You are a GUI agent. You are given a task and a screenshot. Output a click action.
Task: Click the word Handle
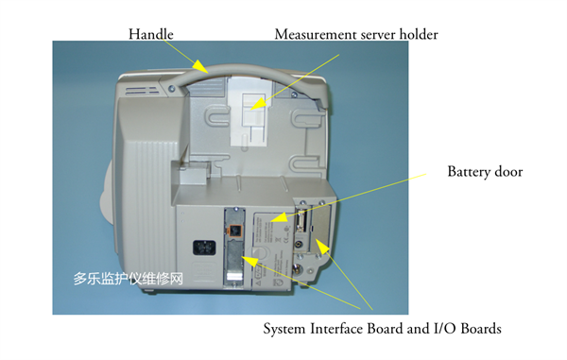tap(151, 34)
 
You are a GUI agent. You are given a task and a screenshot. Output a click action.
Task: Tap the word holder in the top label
tap(419, 34)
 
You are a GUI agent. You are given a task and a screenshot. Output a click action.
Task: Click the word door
tap(508, 172)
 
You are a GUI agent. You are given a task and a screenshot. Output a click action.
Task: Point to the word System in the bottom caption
tap(285, 329)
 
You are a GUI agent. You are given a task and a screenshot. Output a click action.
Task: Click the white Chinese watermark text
tap(128, 279)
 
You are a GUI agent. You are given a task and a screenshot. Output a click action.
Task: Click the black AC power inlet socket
tap(204, 248)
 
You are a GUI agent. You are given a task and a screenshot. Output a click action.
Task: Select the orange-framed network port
tap(234, 231)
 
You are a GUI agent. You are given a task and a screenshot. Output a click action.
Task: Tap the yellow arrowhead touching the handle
tap(199, 66)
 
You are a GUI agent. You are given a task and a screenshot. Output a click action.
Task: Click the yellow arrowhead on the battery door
tap(279, 217)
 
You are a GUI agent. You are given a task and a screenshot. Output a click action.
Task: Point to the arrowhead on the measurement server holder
tap(257, 104)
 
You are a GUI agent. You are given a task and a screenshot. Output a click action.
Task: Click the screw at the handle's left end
tap(171, 88)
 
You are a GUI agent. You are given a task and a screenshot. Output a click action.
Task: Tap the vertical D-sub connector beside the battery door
tap(301, 221)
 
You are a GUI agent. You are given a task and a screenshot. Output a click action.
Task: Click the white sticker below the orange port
tap(234, 278)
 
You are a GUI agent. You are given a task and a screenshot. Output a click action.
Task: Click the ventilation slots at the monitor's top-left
tap(142, 91)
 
